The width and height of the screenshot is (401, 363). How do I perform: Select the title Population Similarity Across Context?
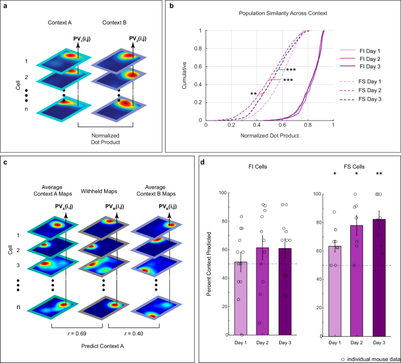[270, 12]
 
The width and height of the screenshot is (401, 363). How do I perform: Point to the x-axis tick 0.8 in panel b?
[307, 125]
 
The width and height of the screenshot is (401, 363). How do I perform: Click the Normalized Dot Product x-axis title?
[270, 135]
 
